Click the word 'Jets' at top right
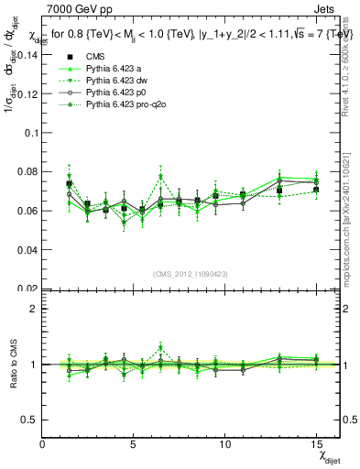pyautogui.click(x=326, y=9)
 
